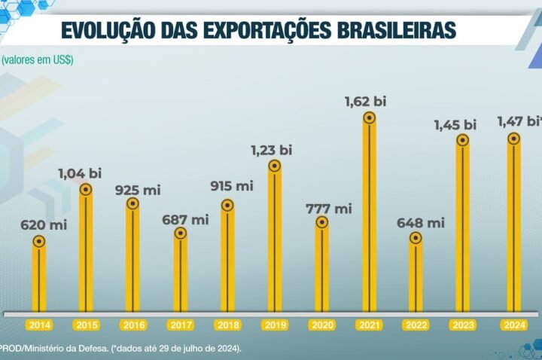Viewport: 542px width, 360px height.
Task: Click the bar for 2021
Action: click(369, 218)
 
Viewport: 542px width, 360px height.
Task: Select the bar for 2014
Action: click(39, 279)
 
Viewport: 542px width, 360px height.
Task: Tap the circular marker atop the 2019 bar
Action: click(275, 166)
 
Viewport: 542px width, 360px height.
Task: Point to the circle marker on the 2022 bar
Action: click(416, 238)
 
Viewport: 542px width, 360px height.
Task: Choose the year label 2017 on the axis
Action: click(181, 325)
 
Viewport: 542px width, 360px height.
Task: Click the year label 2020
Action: click(321, 325)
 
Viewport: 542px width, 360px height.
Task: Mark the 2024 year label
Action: click(513, 325)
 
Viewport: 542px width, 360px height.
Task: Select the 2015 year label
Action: click(87, 325)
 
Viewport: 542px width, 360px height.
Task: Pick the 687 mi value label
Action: click(186, 220)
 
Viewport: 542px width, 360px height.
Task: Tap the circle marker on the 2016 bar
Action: click(132, 203)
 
